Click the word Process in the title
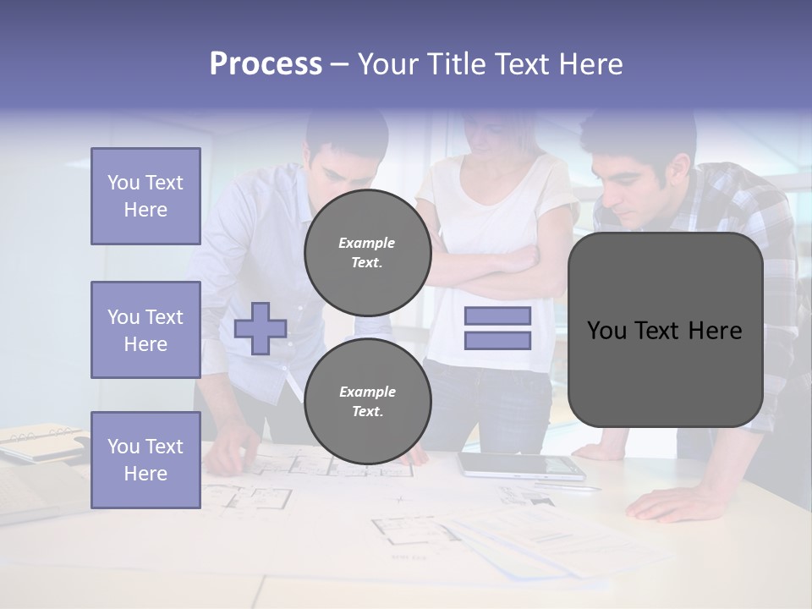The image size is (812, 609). tap(266, 64)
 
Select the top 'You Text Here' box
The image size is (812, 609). tap(145, 196)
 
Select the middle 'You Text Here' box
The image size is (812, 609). tap(145, 330)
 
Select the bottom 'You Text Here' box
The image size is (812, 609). tap(145, 460)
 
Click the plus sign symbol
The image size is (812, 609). tap(261, 328)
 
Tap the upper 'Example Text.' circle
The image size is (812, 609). tap(367, 253)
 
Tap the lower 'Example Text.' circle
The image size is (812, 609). tap(367, 402)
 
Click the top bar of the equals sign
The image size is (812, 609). tap(497, 315)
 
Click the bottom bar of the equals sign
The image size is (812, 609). tap(497, 341)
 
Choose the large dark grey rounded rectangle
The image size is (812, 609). tap(665, 330)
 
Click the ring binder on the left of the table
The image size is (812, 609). tap(42, 442)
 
